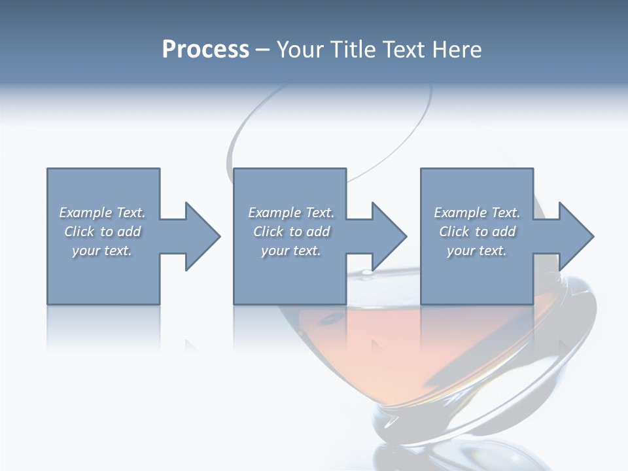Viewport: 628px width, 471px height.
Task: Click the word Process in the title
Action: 205,50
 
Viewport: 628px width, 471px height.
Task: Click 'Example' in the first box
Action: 86,213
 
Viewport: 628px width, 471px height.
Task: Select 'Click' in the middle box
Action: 267,232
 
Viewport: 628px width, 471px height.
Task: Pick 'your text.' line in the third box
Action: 477,251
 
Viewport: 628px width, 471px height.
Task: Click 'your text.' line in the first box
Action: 102,251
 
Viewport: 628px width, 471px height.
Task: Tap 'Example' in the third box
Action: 461,213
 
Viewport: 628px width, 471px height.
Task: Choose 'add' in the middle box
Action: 318,232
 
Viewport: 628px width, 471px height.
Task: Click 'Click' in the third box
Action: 454,232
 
